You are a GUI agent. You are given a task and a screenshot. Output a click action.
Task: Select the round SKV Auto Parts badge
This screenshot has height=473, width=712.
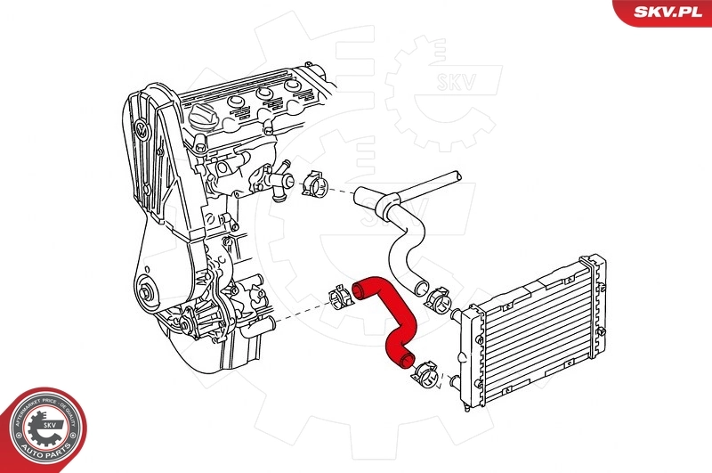[x=43, y=429]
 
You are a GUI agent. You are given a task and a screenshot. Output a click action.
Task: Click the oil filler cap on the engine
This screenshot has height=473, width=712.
[x=201, y=116]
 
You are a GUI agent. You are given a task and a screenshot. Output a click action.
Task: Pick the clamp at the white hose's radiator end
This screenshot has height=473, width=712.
[x=437, y=299]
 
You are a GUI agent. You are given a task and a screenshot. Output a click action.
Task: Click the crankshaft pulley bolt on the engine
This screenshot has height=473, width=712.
[x=145, y=291]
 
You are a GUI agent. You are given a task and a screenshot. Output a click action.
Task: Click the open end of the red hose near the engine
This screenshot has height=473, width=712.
[x=360, y=288]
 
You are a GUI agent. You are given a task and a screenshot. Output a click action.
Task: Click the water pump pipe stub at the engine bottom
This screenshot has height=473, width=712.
[x=258, y=329]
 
